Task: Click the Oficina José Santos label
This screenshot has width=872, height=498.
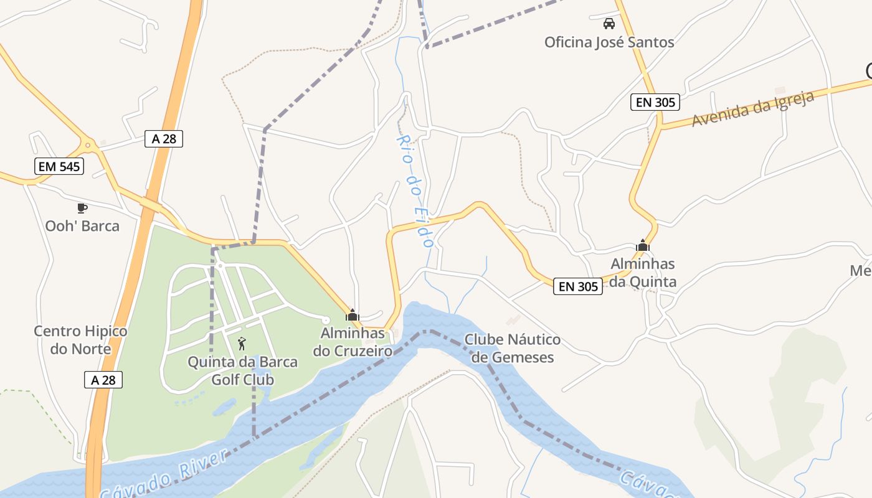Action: tap(609, 42)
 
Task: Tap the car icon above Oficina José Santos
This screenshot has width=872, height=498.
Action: tap(609, 24)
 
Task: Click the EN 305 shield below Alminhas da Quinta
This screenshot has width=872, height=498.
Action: tap(578, 286)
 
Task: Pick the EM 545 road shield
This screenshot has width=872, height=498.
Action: tap(59, 166)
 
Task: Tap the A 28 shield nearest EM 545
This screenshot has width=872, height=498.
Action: tap(164, 139)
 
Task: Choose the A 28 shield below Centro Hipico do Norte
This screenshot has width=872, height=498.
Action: tap(103, 380)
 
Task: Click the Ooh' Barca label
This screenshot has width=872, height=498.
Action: tap(82, 225)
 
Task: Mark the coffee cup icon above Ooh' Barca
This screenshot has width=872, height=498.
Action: tap(82, 208)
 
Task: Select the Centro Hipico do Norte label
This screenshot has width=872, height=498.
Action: tap(80, 340)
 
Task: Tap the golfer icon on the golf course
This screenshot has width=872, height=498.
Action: tap(242, 343)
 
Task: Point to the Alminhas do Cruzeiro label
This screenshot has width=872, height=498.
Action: tap(353, 342)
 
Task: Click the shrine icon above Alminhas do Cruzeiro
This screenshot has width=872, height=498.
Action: tap(353, 315)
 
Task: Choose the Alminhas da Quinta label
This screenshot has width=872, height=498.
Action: tap(643, 273)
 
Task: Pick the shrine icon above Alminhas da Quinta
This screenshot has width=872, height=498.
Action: tap(643, 245)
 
